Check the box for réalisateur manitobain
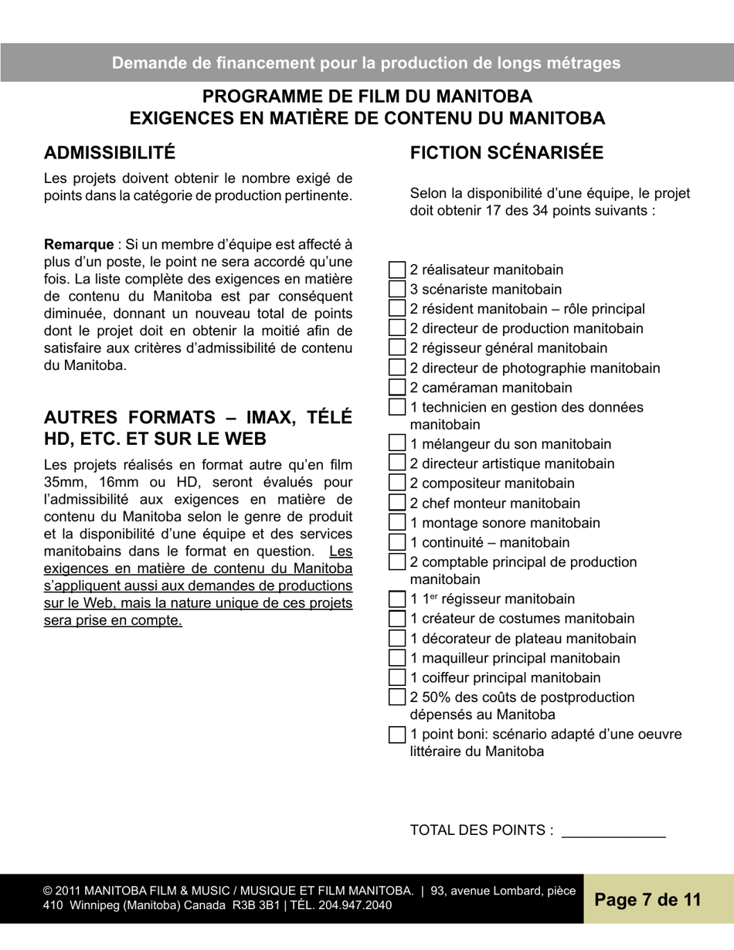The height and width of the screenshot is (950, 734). pyautogui.click(x=396, y=270)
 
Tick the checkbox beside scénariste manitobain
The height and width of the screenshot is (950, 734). pyautogui.click(x=396, y=289)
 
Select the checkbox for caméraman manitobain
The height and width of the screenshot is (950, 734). pyautogui.click(x=396, y=387)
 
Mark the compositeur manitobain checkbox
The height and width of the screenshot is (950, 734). pyautogui.click(x=396, y=483)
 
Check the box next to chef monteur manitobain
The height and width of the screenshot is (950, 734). pyautogui.click(x=396, y=503)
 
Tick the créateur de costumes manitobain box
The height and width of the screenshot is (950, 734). pyautogui.click(x=396, y=618)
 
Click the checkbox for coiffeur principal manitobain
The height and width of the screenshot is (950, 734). pyautogui.click(x=396, y=677)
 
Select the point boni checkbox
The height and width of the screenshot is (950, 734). pyautogui.click(x=396, y=734)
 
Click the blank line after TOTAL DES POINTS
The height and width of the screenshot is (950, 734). pyautogui.click(x=613, y=831)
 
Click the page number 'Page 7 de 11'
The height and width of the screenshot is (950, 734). pyautogui.click(x=647, y=900)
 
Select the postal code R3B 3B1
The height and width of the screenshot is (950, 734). pyautogui.click(x=253, y=905)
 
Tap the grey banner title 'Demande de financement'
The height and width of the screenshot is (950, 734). pyautogui.click(x=366, y=63)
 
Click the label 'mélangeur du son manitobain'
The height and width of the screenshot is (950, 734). pyautogui.click(x=511, y=444)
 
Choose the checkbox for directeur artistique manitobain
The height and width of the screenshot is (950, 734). pyautogui.click(x=396, y=463)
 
